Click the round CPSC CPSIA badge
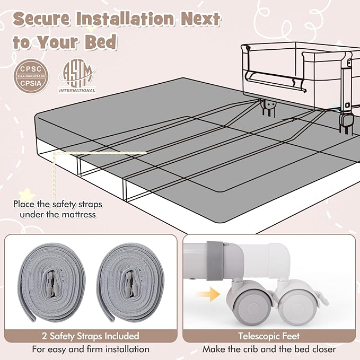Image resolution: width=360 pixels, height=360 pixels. point(31,76)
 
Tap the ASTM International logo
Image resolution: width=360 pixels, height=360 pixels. point(77,76)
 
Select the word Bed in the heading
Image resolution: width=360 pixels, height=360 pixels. point(101,42)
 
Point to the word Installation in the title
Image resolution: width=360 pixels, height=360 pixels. point(125,19)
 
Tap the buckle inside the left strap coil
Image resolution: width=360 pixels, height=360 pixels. point(51,284)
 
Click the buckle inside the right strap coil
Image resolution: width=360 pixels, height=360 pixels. point(130,284)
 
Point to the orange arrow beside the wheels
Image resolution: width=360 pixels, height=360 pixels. point(208,294)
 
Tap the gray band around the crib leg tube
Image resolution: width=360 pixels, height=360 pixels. point(215,261)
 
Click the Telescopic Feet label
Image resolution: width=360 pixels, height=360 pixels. point(269,336)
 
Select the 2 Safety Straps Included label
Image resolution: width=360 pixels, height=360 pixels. point(91,336)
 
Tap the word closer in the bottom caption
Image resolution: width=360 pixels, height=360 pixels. point(324,349)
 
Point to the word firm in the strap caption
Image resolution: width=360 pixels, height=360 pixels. point(96,349)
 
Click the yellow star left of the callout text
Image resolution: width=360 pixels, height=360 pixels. point(27,195)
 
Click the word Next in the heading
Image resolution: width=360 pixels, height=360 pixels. point(200,19)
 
